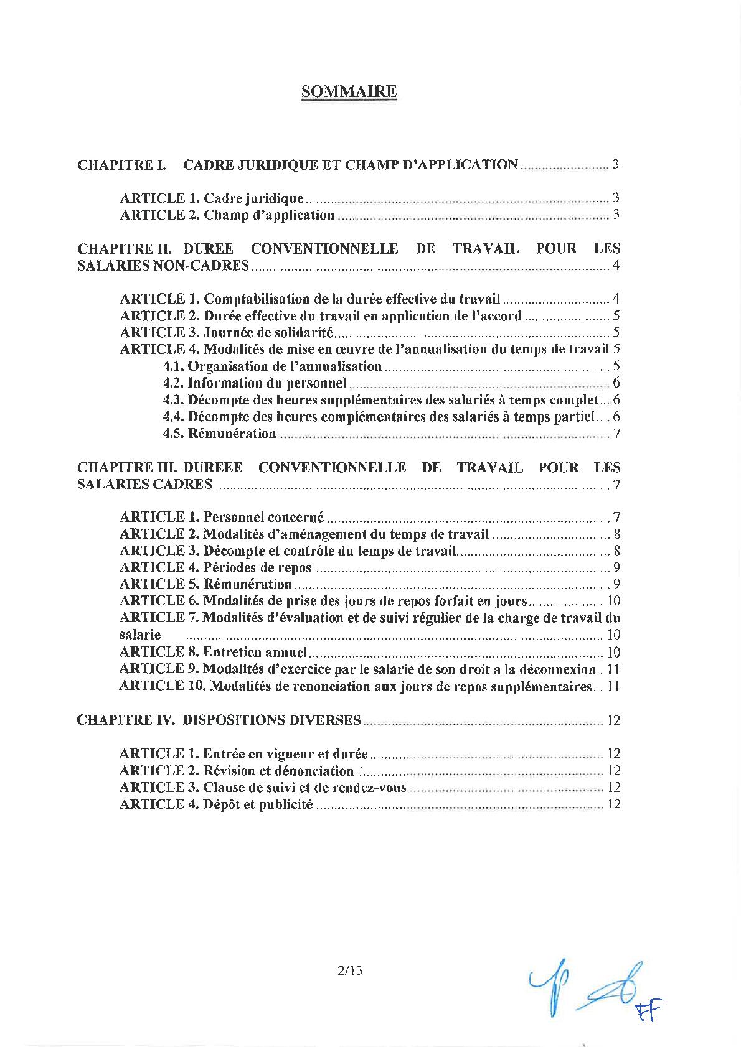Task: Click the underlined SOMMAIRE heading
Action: point(349,92)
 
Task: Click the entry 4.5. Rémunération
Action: point(219,434)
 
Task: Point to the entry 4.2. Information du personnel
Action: point(254,383)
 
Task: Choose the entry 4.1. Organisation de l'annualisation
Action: point(272,366)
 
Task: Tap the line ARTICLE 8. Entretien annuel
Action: point(213,653)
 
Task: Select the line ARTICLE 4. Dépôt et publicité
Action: point(215,804)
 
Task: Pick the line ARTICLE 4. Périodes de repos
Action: point(215,567)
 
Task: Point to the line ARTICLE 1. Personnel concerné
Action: point(221,517)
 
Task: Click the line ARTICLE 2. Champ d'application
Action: point(227,215)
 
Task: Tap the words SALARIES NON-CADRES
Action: point(163,266)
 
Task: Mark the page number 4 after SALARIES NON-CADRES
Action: point(616,266)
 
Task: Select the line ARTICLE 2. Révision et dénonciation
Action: point(237,771)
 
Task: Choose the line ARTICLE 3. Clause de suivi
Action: point(262,788)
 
